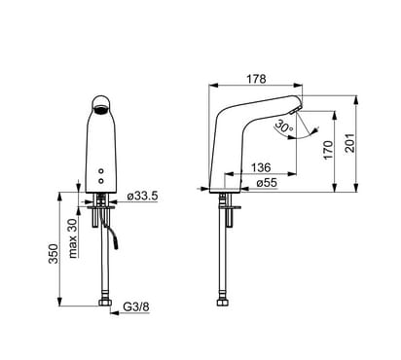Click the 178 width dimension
pos(256,79)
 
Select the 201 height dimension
pos(350,143)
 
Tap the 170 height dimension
pos(328,150)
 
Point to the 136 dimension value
pos(261,167)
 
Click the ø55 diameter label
pos(267,183)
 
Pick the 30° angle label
pos(283,126)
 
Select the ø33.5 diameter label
pos(142,196)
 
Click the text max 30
pos(73,238)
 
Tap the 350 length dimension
pos(54,254)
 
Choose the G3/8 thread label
pos(136,306)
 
